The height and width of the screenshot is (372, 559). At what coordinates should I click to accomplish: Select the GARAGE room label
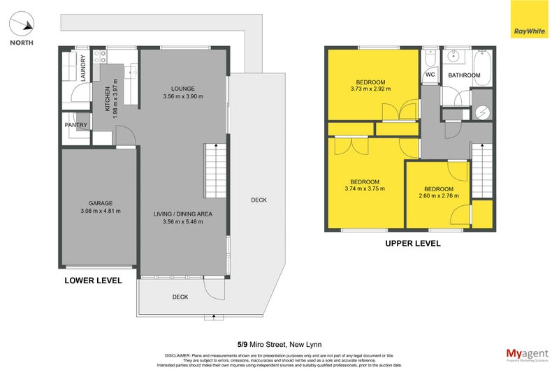coord(101,203)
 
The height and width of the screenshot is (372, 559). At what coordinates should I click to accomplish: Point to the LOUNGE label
coord(182,88)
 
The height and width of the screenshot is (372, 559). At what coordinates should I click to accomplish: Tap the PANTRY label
coord(76,126)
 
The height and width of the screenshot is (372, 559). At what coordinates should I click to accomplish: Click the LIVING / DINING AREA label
coord(182,213)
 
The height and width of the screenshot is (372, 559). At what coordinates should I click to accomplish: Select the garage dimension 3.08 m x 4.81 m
coord(101,211)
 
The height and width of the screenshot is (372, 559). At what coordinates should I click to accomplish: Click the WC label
coord(430,75)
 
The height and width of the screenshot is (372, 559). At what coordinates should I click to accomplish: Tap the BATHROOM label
coord(464,75)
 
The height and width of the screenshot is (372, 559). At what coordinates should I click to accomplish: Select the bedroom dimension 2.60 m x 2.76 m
coord(439,196)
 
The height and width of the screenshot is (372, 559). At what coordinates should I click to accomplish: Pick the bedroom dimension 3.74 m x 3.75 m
coord(365,188)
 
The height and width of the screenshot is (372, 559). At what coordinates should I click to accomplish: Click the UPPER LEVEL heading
coord(413,244)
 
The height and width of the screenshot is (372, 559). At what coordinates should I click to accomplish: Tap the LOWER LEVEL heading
coord(93,281)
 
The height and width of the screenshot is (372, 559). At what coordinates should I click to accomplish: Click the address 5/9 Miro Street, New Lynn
coord(279,343)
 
